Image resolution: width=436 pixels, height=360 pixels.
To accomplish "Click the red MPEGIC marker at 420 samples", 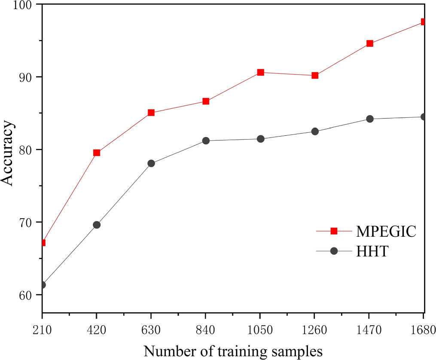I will tap(97, 153).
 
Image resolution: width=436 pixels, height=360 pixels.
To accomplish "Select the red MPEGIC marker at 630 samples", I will tap(151, 113).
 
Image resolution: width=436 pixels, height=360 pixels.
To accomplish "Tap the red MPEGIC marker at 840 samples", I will tap(206, 101).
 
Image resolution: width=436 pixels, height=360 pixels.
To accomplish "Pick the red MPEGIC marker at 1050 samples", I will tap(260, 72).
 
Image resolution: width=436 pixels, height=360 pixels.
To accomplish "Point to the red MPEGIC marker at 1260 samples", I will tap(315, 75).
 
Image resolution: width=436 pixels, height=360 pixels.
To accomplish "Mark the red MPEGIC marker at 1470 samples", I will tap(369, 43).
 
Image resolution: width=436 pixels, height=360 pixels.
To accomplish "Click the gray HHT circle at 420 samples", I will tap(97, 225).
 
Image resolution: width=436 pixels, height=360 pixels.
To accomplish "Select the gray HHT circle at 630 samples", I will tap(151, 163).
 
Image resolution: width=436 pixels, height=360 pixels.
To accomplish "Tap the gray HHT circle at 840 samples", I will tap(206, 140).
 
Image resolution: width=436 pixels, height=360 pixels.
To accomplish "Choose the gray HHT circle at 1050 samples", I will tap(260, 139).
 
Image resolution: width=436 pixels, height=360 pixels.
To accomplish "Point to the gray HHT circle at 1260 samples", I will tap(315, 131).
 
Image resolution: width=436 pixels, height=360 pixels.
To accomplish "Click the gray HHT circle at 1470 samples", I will tap(369, 119).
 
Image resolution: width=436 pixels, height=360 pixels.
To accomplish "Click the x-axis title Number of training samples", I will tap(233, 351).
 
